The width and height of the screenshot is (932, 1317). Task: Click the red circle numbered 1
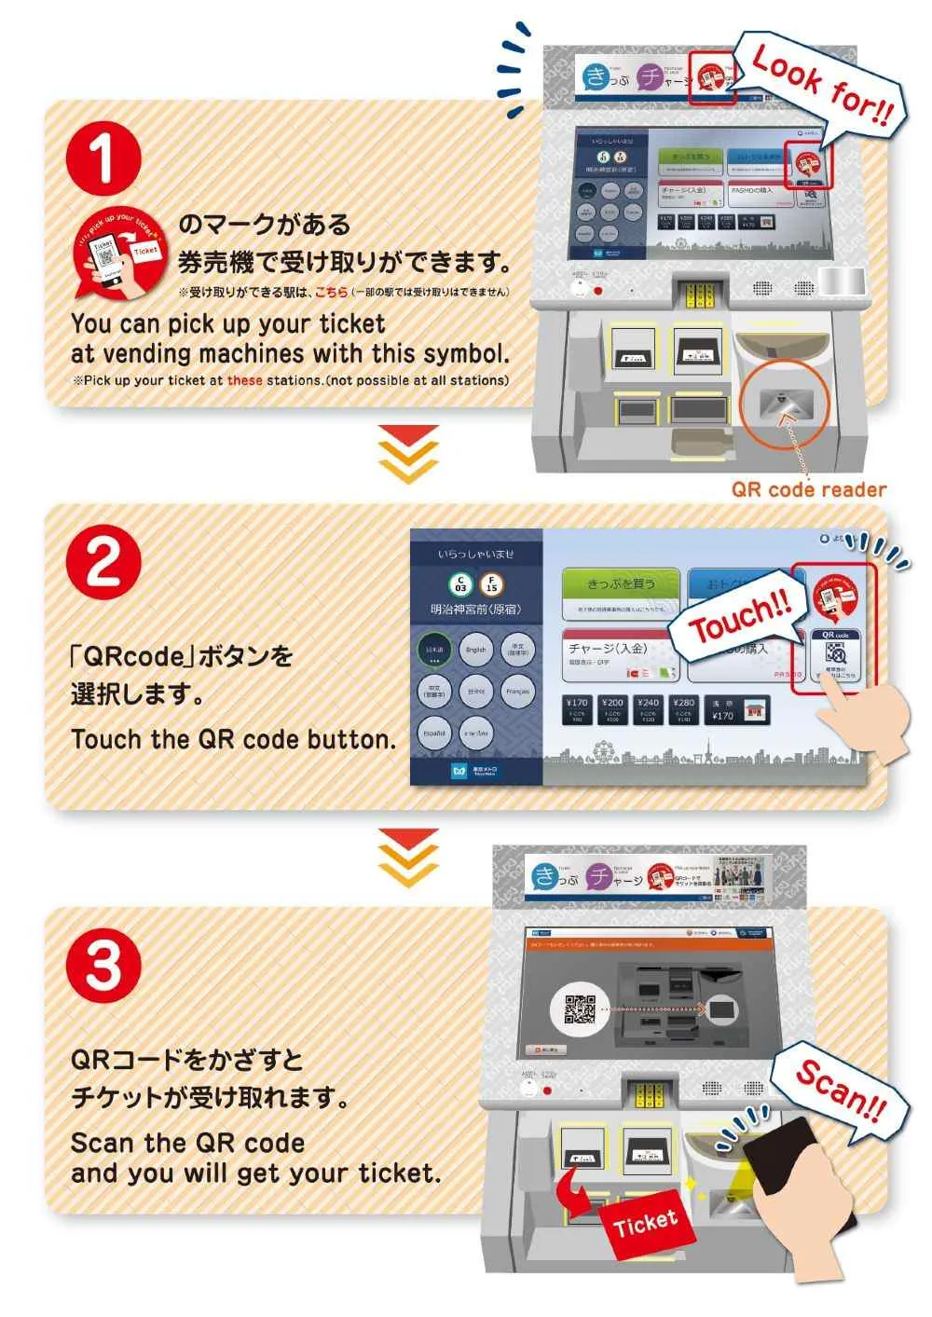click(103, 157)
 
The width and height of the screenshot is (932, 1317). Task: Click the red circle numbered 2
click(103, 562)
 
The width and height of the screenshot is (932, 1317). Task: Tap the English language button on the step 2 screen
click(476, 650)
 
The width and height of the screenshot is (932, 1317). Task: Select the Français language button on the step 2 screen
click(517, 692)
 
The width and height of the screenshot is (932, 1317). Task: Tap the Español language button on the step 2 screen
click(435, 734)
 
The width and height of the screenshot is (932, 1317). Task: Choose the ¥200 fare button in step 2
click(612, 709)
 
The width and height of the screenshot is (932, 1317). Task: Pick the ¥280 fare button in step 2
click(683, 709)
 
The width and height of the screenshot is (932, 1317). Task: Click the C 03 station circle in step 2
click(460, 585)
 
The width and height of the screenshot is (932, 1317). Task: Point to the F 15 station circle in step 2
click(491, 585)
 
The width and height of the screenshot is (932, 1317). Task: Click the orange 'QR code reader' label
click(808, 489)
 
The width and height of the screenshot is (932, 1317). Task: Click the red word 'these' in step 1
click(244, 380)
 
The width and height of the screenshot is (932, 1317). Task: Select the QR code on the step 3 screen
click(580, 1008)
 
